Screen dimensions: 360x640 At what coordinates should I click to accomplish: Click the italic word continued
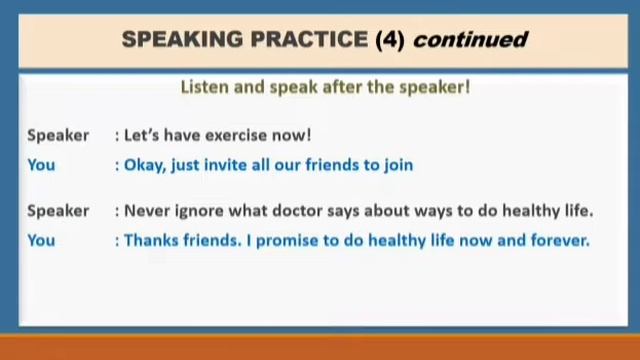point(469,40)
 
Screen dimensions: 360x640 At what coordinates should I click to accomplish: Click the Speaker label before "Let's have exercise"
point(58,135)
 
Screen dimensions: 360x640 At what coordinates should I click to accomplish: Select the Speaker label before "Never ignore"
point(58,211)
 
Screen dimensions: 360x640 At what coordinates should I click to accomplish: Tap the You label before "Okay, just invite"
point(41,164)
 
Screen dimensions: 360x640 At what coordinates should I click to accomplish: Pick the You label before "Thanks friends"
point(41,240)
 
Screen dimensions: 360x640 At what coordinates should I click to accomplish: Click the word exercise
point(238,135)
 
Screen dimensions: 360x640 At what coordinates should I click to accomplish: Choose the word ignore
point(199,211)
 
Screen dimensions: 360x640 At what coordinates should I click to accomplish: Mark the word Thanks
point(150,240)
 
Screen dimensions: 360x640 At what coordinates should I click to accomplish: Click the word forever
point(559,240)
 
